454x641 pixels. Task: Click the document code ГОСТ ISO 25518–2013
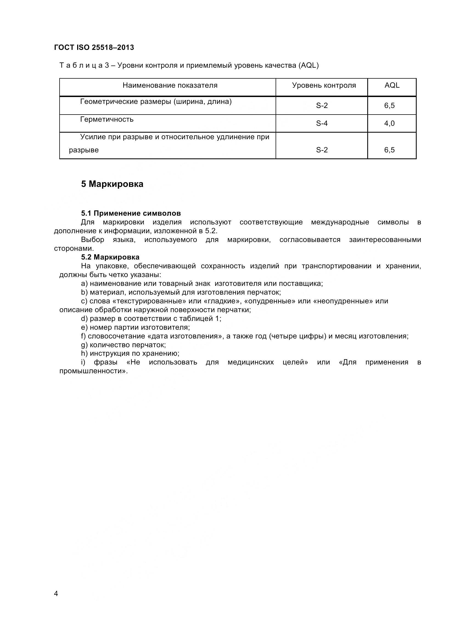point(94,47)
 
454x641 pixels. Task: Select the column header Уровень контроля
point(324,86)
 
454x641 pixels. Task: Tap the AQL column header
point(392,86)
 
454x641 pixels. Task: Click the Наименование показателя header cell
point(170,86)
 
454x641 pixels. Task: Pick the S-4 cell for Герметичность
point(321,123)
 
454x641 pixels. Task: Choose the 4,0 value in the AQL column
point(389,123)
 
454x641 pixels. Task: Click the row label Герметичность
point(107,119)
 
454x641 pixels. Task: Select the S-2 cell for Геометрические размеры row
point(321,106)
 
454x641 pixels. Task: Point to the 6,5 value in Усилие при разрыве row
point(389,150)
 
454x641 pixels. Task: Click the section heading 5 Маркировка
point(112,184)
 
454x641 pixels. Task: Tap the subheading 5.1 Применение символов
point(131,213)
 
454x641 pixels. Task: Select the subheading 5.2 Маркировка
point(110,257)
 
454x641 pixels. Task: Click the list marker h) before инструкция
point(84,354)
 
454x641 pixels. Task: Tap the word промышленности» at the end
point(93,371)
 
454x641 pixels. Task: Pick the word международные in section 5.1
point(340,223)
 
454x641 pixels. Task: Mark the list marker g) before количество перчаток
point(84,345)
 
